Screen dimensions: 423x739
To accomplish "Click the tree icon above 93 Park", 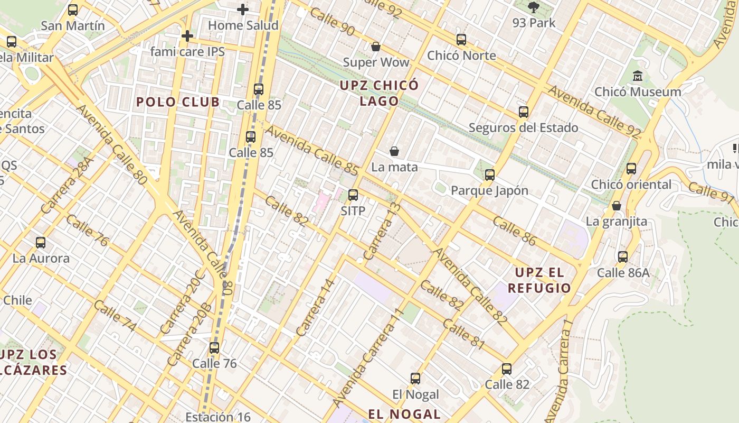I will coord(534,7).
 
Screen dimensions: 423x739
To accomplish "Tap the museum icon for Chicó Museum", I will coord(638,76).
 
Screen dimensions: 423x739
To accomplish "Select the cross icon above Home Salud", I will coord(243,10).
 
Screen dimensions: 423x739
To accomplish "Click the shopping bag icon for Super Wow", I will coord(376,47).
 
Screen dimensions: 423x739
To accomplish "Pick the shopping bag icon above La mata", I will coord(394,152).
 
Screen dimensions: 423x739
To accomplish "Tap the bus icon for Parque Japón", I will coord(490,175).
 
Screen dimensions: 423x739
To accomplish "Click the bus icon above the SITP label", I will coord(353,195).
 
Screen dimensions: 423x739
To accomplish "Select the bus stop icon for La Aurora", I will coord(41,243).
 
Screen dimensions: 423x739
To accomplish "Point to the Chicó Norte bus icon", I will coord(461,40).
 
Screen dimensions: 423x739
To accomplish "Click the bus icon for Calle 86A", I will coord(623,257).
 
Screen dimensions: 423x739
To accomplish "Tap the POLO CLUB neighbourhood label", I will coord(178,102).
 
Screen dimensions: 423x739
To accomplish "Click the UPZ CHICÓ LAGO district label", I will coord(379,93).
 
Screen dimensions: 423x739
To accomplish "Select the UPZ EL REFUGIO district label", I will coord(539,280).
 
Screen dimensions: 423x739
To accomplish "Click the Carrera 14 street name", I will coord(316,307).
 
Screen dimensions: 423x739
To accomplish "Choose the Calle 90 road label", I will coord(332,22).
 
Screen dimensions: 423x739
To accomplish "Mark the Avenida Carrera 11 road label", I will coord(369,357).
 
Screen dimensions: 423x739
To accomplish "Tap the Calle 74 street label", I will coord(115,316).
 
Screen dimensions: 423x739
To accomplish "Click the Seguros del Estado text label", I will coord(523,128).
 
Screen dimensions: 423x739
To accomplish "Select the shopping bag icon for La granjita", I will coord(616,206).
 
